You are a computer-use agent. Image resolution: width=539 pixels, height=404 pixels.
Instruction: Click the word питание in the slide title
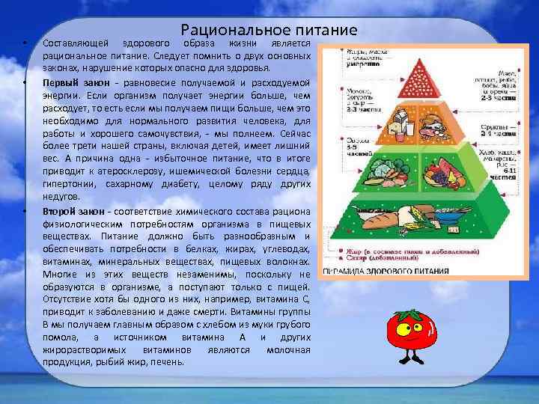pyautogui.click(x=320, y=31)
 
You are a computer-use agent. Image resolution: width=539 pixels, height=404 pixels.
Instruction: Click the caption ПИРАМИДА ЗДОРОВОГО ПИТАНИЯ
pyautogui.click(x=386, y=271)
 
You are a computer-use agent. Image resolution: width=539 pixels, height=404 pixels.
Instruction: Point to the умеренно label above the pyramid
pyautogui.click(x=358, y=65)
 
